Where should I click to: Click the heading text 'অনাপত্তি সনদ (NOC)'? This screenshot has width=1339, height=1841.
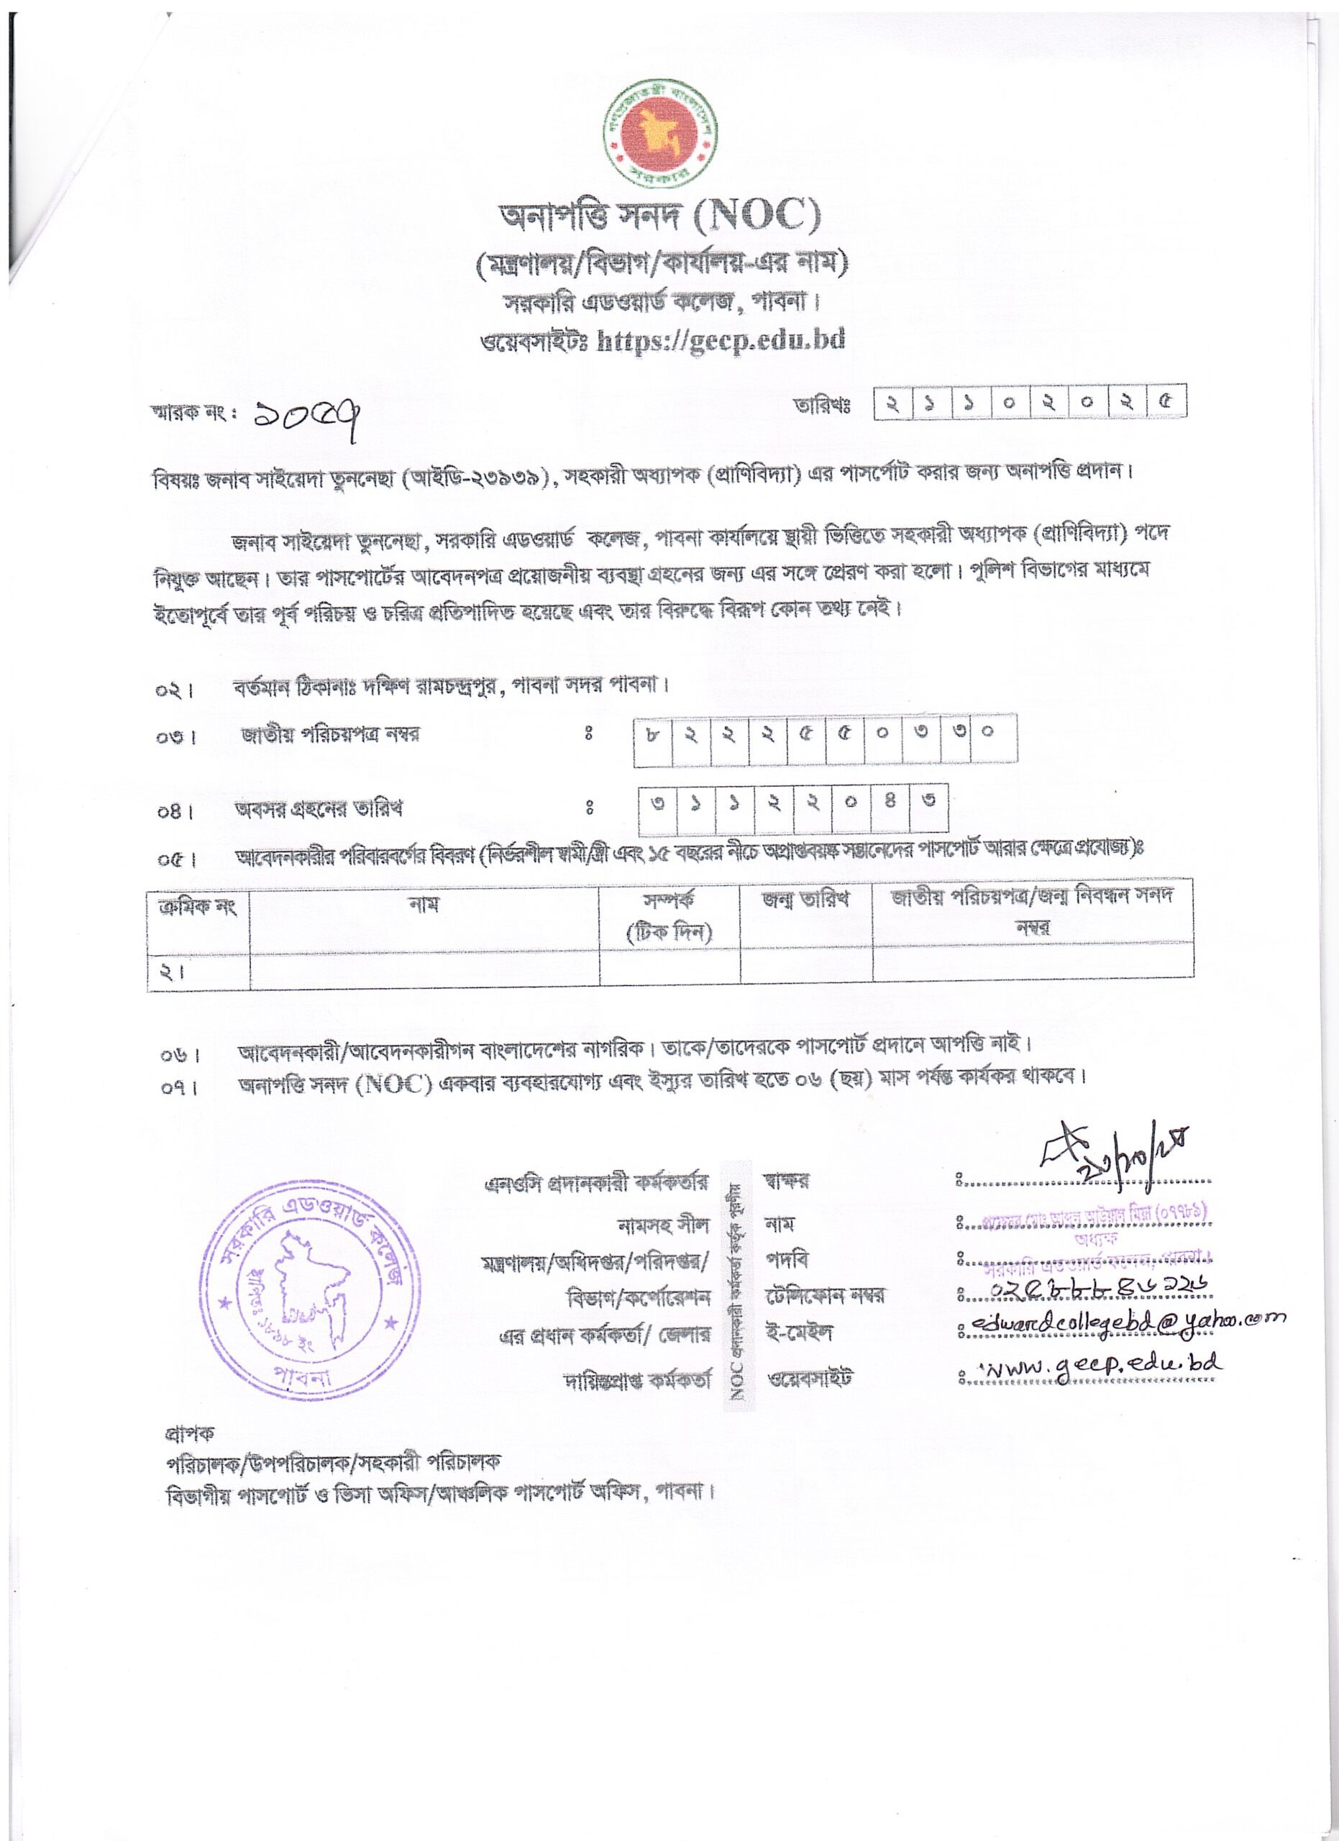pyautogui.click(x=659, y=216)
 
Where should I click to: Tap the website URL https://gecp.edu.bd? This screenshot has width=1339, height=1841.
pyautogui.click(x=721, y=340)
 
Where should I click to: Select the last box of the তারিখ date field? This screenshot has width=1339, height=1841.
pyautogui.click(x=1166, y=402)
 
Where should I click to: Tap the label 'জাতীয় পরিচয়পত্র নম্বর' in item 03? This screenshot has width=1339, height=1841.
pyautogui.click(x=330, y=736)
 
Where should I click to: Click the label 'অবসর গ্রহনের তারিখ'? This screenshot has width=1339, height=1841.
pyautogui.click(x=318, y=809)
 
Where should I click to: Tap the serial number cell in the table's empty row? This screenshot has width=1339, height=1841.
pyautogui.click(x=198, y=972)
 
